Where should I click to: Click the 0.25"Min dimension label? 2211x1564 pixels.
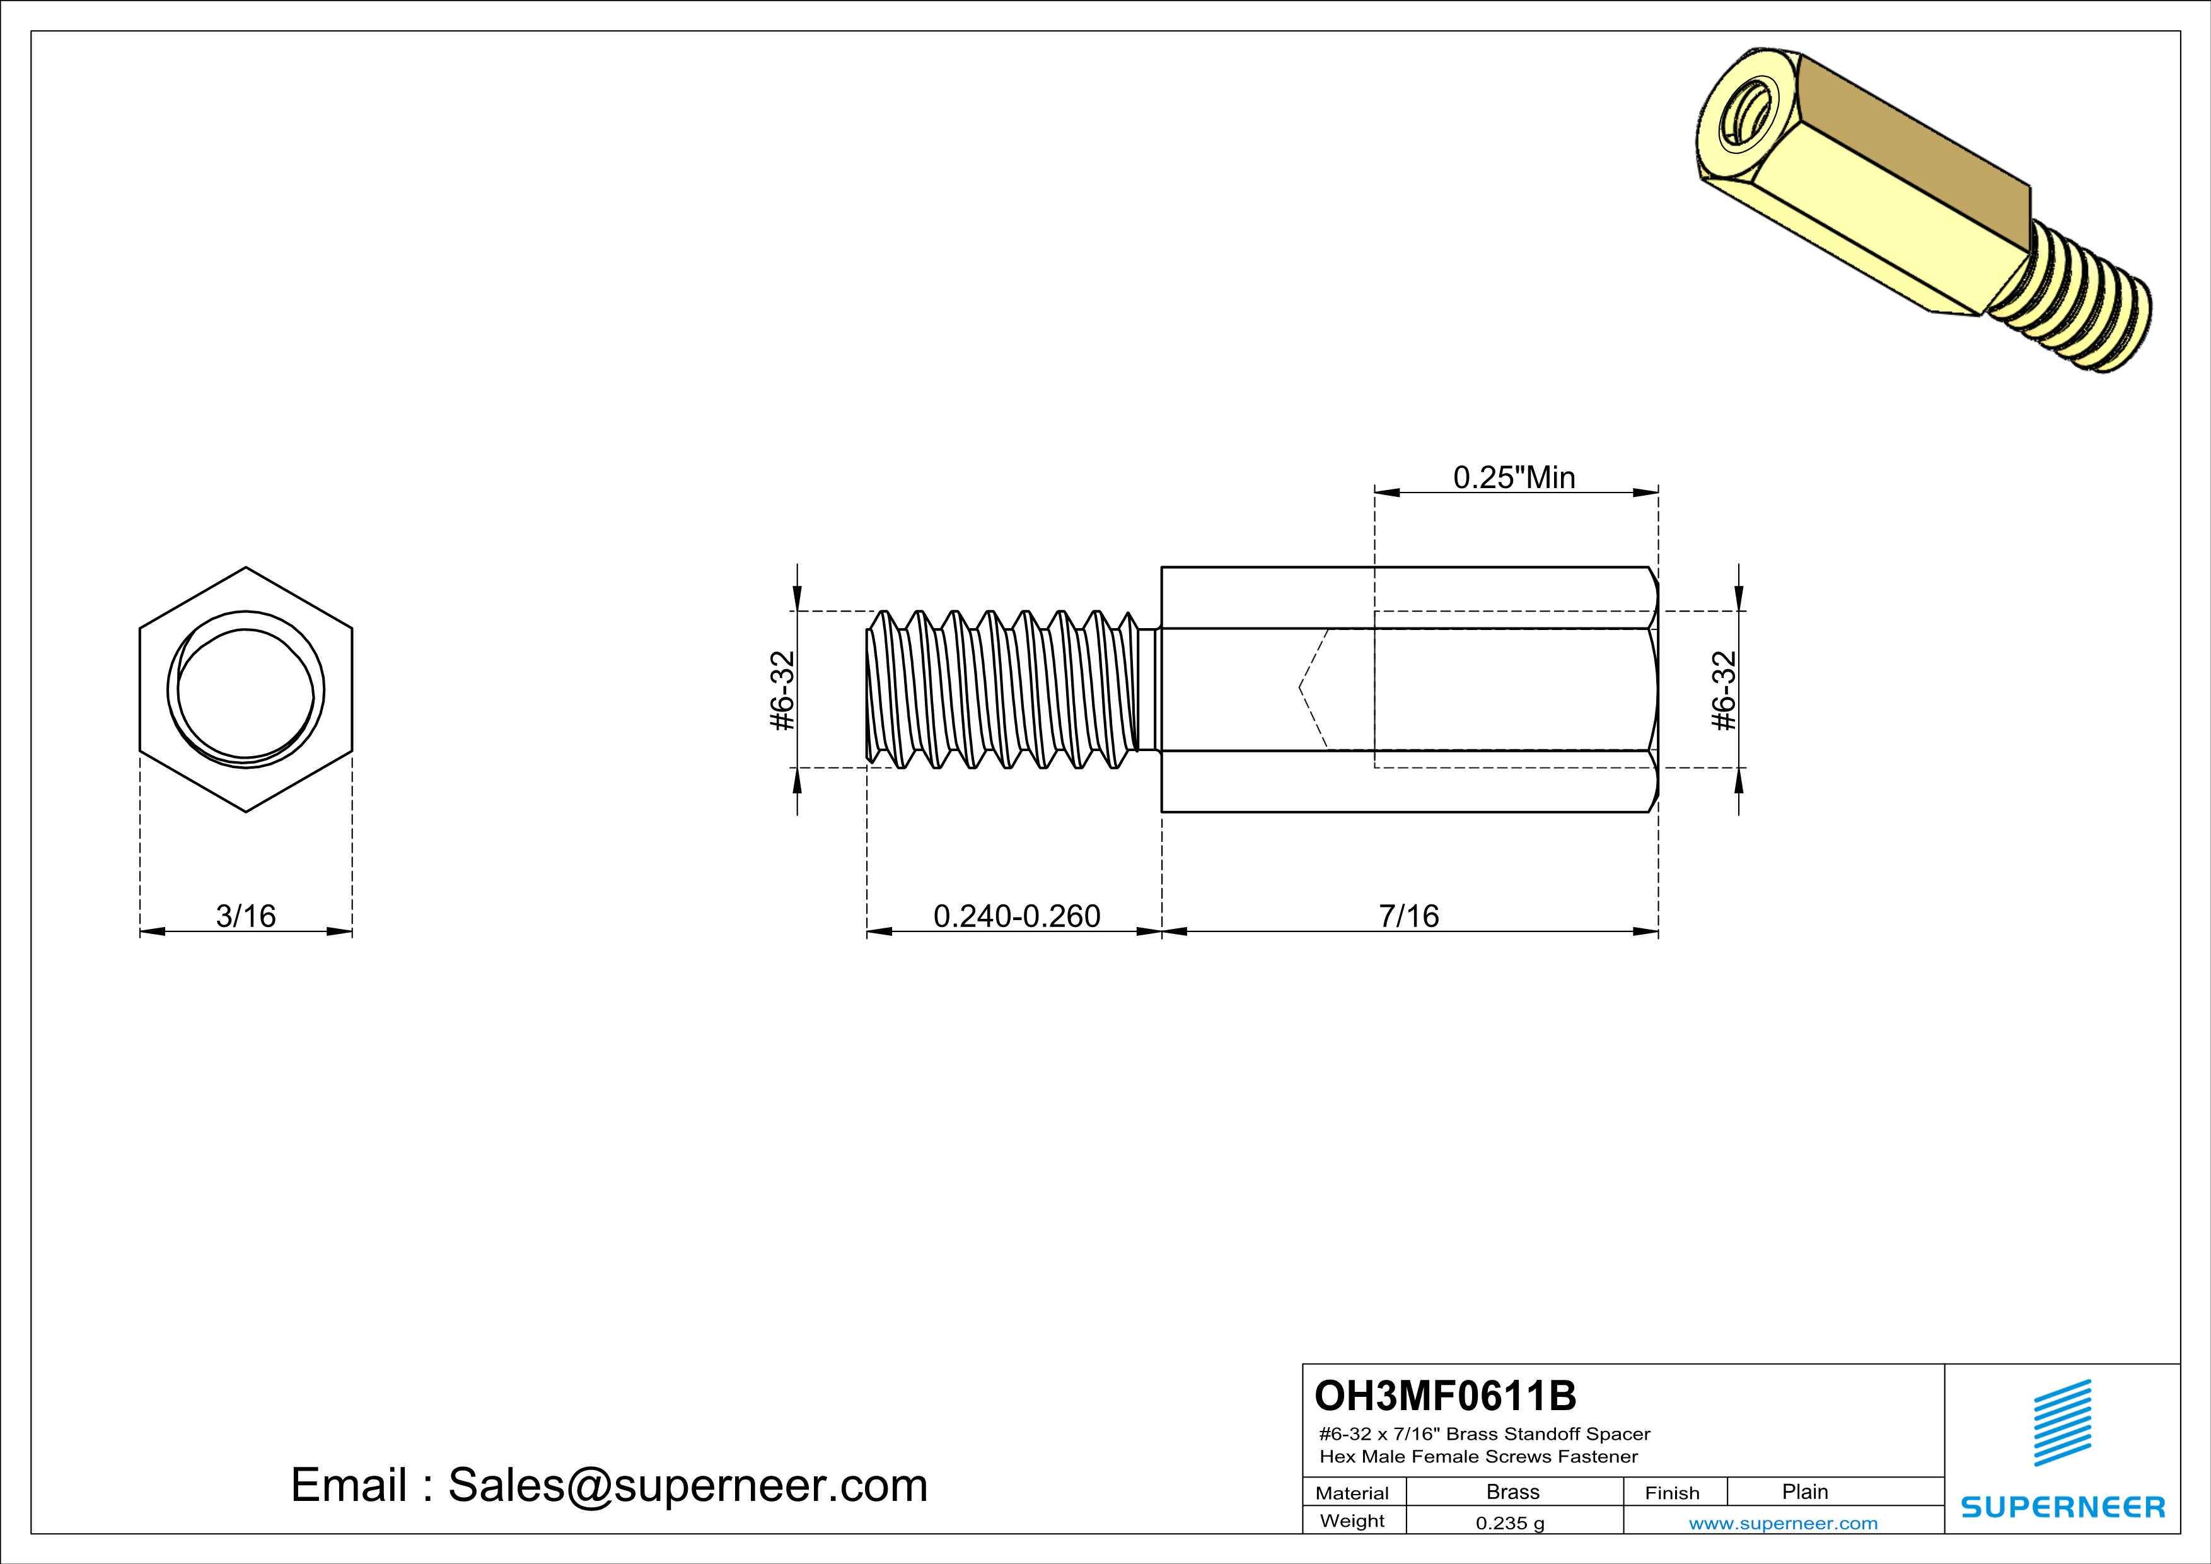tap(1514, 477)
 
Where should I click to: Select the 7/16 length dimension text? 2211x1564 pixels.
tap(1409, 915)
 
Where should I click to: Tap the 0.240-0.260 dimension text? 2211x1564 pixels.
tap(1017, 915)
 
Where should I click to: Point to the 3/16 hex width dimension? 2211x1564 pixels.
tap(245, 915)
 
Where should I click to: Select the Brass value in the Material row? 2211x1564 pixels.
tap(1513, 1491)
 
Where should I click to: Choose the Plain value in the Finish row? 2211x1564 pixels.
tap(1804, 1491)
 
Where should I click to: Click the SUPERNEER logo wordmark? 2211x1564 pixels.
tap(2063, 1507)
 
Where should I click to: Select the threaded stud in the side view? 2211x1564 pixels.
tap(1002, 689)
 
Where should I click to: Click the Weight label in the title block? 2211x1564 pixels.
tap(1352, 1520)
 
